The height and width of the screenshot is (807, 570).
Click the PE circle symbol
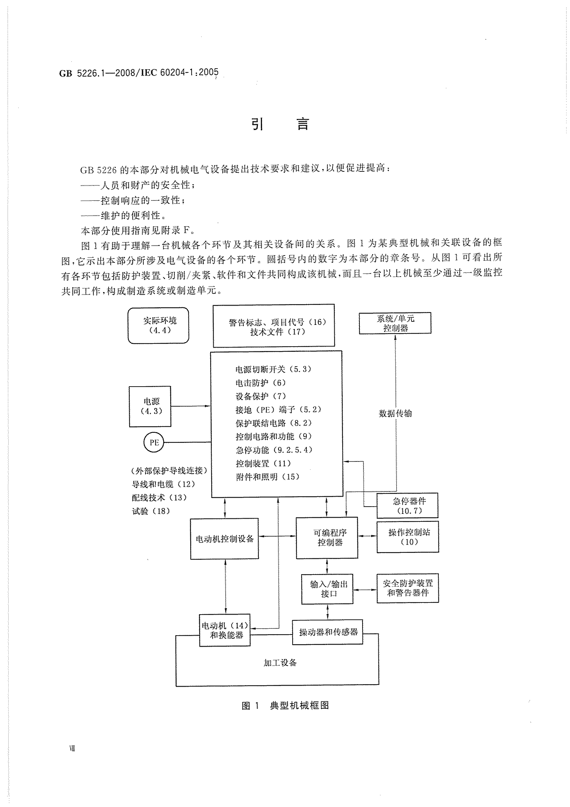tap(154, 443)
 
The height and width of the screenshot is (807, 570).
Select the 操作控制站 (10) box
tap(408, 537)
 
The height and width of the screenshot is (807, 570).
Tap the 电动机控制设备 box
tap(224, 538)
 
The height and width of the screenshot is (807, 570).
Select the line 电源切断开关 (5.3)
tap(273, 369)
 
